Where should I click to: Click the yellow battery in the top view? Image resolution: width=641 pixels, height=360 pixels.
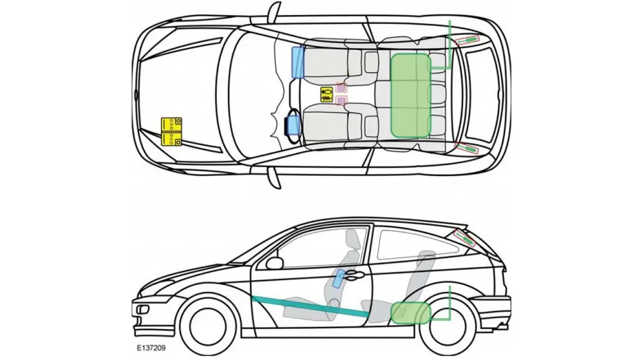point(171,131)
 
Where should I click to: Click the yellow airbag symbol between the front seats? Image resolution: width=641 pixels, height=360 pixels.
point(327,94)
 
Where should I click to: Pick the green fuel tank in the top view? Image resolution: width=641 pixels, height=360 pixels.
point(410,95)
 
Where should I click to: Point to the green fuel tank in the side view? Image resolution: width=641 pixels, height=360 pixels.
point(410,312)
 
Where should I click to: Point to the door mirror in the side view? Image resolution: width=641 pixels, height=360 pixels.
point(275,263)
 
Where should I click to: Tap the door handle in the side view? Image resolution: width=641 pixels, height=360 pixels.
point(354,276)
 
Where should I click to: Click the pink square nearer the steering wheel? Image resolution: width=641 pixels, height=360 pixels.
point(341,100)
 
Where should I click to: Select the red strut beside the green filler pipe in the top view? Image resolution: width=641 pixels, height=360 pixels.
point(468,40)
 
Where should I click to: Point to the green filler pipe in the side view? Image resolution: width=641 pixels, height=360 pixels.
point(447,304)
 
